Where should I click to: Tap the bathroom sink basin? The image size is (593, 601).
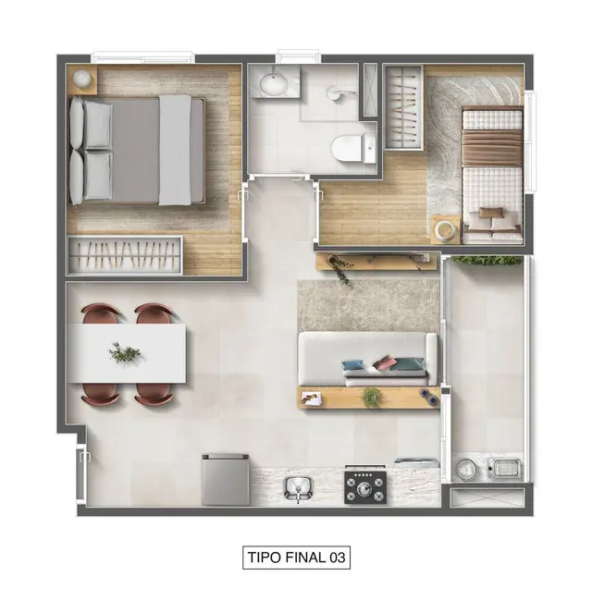click(274, 83)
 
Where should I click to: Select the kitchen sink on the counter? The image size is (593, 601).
click(298, 486)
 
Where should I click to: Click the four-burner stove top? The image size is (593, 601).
click(365, 485)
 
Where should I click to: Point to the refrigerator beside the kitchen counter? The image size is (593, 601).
click(226, 479)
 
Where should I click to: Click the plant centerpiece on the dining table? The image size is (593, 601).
click(124, 352)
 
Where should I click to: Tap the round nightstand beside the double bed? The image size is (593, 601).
click(82, 79)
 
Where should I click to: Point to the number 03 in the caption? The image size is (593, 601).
click(335, 558)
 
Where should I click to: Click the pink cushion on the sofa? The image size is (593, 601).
click(386, 363)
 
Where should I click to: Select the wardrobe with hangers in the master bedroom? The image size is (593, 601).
click(125, 255)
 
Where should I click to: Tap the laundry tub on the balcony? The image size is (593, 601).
click(504, 469)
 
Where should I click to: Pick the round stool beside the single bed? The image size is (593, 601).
click(446, 229)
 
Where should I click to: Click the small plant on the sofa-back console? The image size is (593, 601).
click(372, 398)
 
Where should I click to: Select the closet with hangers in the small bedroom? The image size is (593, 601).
click(403, 106)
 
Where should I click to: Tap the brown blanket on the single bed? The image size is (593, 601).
click(491, 147)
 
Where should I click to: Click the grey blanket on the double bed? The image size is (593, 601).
click(174, 150)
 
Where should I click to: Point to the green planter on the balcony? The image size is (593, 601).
click(486, 261)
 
